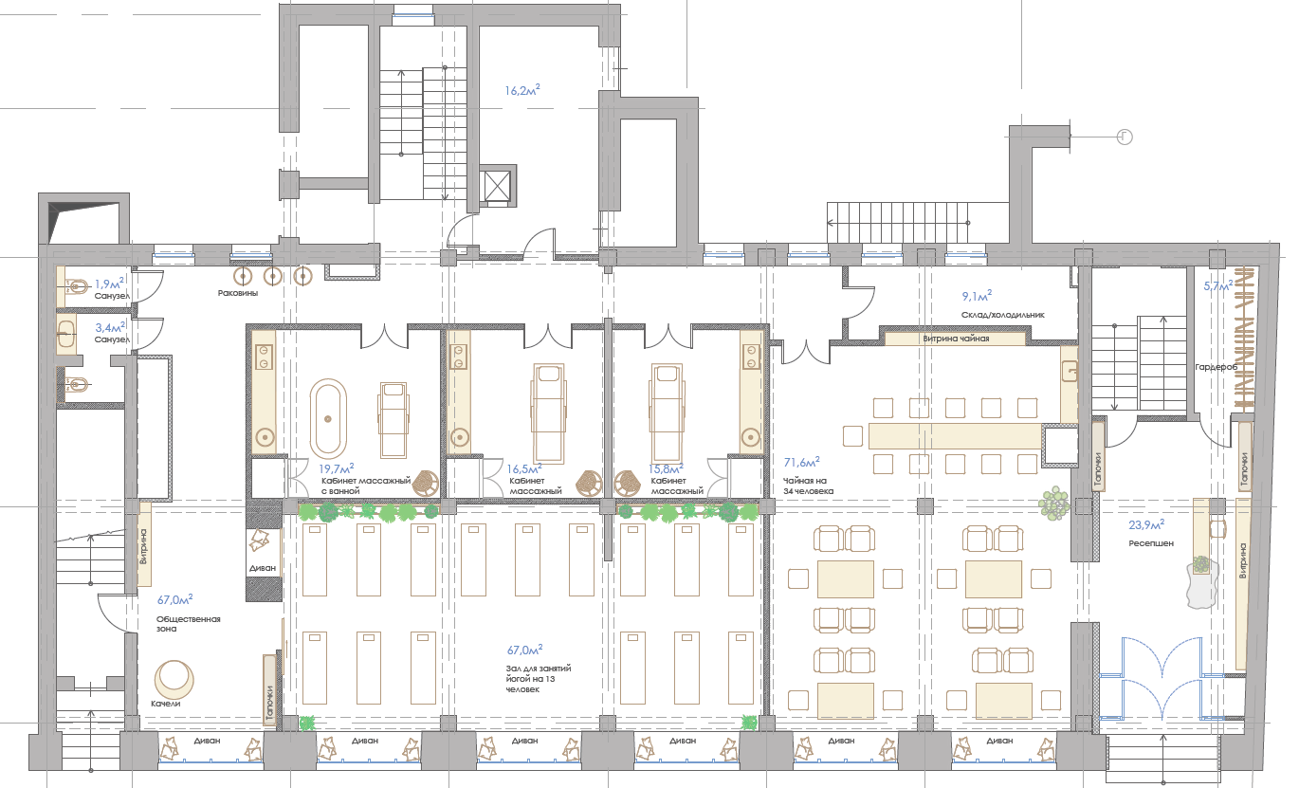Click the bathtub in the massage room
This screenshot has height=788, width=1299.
point(328,418)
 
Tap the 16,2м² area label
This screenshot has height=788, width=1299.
point(521,90)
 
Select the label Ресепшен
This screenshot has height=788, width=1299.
point(1150,543)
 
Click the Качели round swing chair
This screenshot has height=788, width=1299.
point(174,679)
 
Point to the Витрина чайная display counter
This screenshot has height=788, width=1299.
point(955,338)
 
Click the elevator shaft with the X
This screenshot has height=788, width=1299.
point(497,186)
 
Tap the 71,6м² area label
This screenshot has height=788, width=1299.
point(801,462)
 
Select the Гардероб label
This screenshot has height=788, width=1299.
point(1216,367)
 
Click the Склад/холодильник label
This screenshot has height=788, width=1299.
point(1002,315)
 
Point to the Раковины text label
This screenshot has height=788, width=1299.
point(238,293)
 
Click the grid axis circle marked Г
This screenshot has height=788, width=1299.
point(1125,137)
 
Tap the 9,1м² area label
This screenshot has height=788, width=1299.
point(977,296)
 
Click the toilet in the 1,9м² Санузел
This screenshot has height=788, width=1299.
point(77,285)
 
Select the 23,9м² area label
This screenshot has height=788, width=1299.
point(1146,524)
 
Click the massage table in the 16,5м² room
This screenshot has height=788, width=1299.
point(548,412)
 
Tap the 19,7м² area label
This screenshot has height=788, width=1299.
point(337,467)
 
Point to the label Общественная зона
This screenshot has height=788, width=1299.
point(189,624)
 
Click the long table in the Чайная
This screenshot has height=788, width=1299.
point(955,436)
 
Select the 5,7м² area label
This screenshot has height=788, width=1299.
point(1217,285)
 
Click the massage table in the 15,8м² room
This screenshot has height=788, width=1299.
point(667,412)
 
